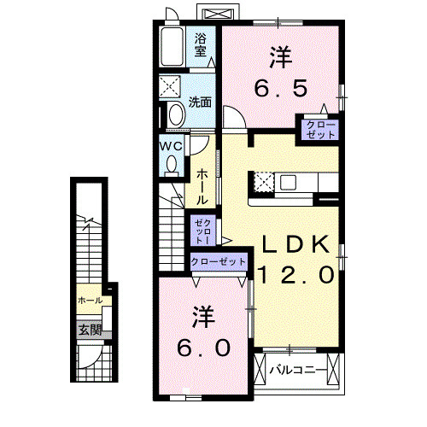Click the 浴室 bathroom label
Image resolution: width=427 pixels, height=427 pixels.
coord(201,45)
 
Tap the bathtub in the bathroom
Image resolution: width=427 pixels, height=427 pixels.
coord(171,46)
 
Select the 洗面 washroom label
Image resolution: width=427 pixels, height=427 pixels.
coord(201,102)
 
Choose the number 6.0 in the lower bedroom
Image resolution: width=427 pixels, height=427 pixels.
coord(203,348)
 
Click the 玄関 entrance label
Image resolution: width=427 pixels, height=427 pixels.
coord(90,330)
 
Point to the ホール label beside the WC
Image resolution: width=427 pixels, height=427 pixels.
coord(202,185)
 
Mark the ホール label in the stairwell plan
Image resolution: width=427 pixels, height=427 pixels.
coord(90,301)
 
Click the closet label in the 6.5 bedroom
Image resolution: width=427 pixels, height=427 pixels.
coord(317,129)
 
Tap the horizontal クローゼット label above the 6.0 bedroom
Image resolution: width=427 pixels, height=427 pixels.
coord(219,261)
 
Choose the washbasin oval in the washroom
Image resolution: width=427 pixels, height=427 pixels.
coord(177,114)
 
